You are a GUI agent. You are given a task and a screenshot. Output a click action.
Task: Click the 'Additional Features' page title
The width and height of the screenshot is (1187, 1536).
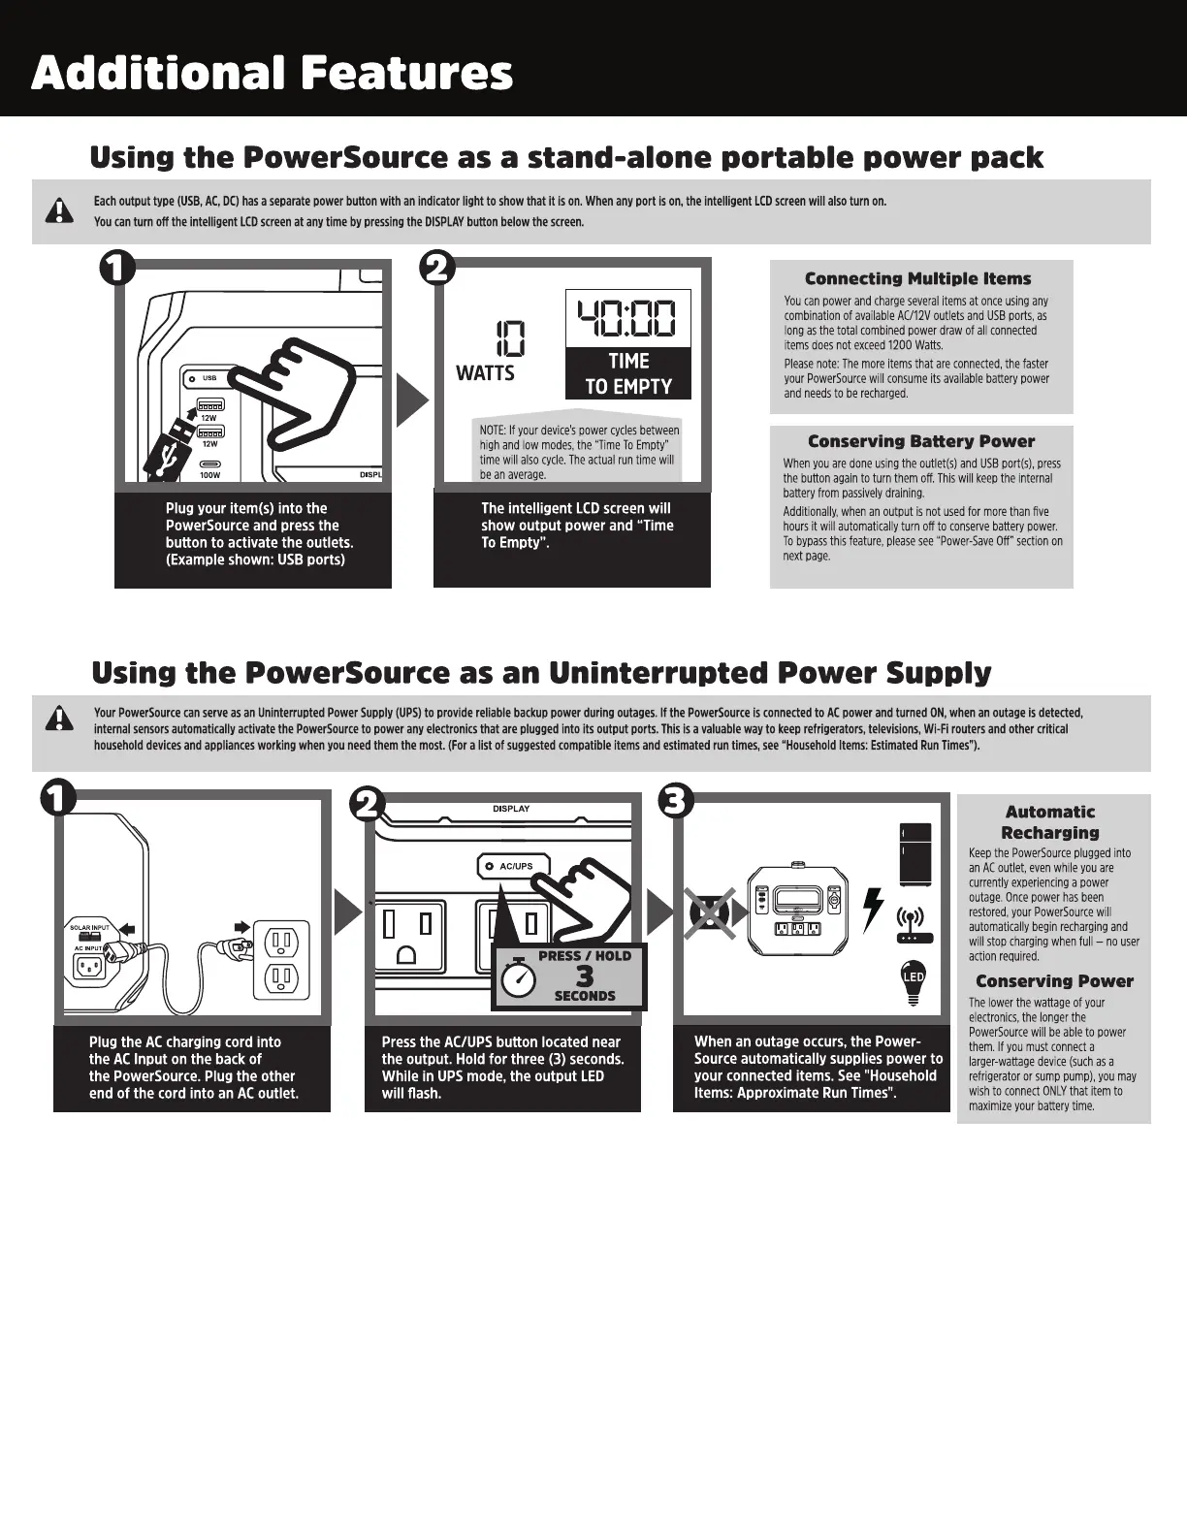(x=272, y=74)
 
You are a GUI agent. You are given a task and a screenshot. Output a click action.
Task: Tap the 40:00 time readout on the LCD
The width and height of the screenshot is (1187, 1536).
(x=627, y=318)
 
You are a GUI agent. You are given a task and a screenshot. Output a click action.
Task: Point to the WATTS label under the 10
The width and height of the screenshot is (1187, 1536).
(x=485, y=373)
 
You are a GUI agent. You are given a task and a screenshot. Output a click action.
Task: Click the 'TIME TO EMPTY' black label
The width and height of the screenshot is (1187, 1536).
(x=627, y=373)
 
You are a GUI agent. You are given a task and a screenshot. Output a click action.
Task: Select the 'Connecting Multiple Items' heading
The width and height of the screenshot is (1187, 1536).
(x=917, y=279)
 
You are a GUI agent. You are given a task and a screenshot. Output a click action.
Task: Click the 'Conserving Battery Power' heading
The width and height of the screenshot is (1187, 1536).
(x=920, y=442)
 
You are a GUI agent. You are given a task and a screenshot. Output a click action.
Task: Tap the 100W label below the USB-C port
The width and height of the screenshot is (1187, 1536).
(x=209, y=475)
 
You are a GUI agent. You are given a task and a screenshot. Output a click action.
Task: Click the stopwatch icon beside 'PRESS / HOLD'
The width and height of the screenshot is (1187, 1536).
(x=520, y=976)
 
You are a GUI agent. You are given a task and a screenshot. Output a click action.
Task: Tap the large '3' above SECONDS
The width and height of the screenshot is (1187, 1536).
(x=584, y=976)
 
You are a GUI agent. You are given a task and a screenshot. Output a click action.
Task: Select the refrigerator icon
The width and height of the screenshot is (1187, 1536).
(x=914, y=854)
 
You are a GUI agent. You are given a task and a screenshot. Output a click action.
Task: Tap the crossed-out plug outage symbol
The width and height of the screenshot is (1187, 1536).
(x=710, y=912)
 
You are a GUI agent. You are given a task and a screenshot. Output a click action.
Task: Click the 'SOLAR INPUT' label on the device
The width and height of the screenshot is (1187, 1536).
(x=89, y=928)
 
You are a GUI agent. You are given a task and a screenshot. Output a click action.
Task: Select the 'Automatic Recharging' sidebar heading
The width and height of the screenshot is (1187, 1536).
(x=1049, y=822)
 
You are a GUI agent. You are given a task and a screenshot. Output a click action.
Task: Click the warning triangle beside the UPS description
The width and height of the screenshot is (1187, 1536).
(x=60, y=719)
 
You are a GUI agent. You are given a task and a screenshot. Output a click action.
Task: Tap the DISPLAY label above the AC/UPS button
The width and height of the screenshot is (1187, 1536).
(x=511, y=809)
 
